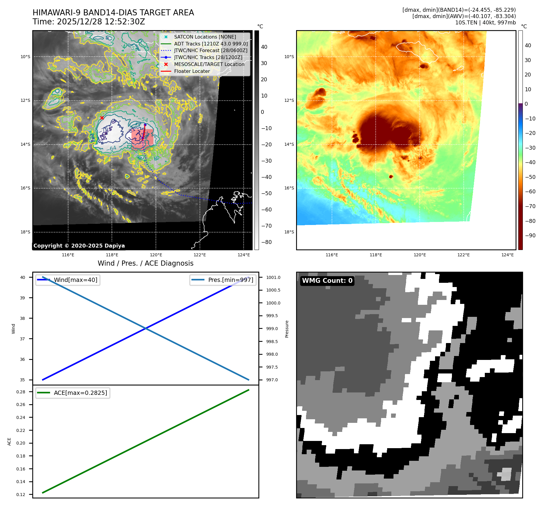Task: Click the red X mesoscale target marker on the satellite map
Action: coord(102,118)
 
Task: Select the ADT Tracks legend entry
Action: coord(210,44)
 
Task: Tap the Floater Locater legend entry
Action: coord(192,71)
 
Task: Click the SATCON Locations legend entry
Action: coord(205,37)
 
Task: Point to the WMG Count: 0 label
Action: coord(327,281)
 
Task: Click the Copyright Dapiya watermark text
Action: coord(79,246)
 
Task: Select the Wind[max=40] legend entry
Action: coord(75,280)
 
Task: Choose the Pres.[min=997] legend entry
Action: coord(230,280)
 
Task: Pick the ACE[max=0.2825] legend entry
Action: coord(80,393)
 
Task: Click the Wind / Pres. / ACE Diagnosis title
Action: coord(146,263)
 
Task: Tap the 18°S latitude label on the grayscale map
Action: coord(25,232)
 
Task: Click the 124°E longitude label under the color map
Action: coord(507,255)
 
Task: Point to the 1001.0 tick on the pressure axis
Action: coord(273,277)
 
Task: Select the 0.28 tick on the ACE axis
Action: coord(21,392)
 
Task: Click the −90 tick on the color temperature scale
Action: coord(530,236)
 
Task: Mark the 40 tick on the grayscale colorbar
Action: coord(264,47)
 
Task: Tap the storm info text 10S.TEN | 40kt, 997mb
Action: coord(485,23)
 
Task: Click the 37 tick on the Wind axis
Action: coord(22,339)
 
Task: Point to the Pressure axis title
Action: coord(287,329)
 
